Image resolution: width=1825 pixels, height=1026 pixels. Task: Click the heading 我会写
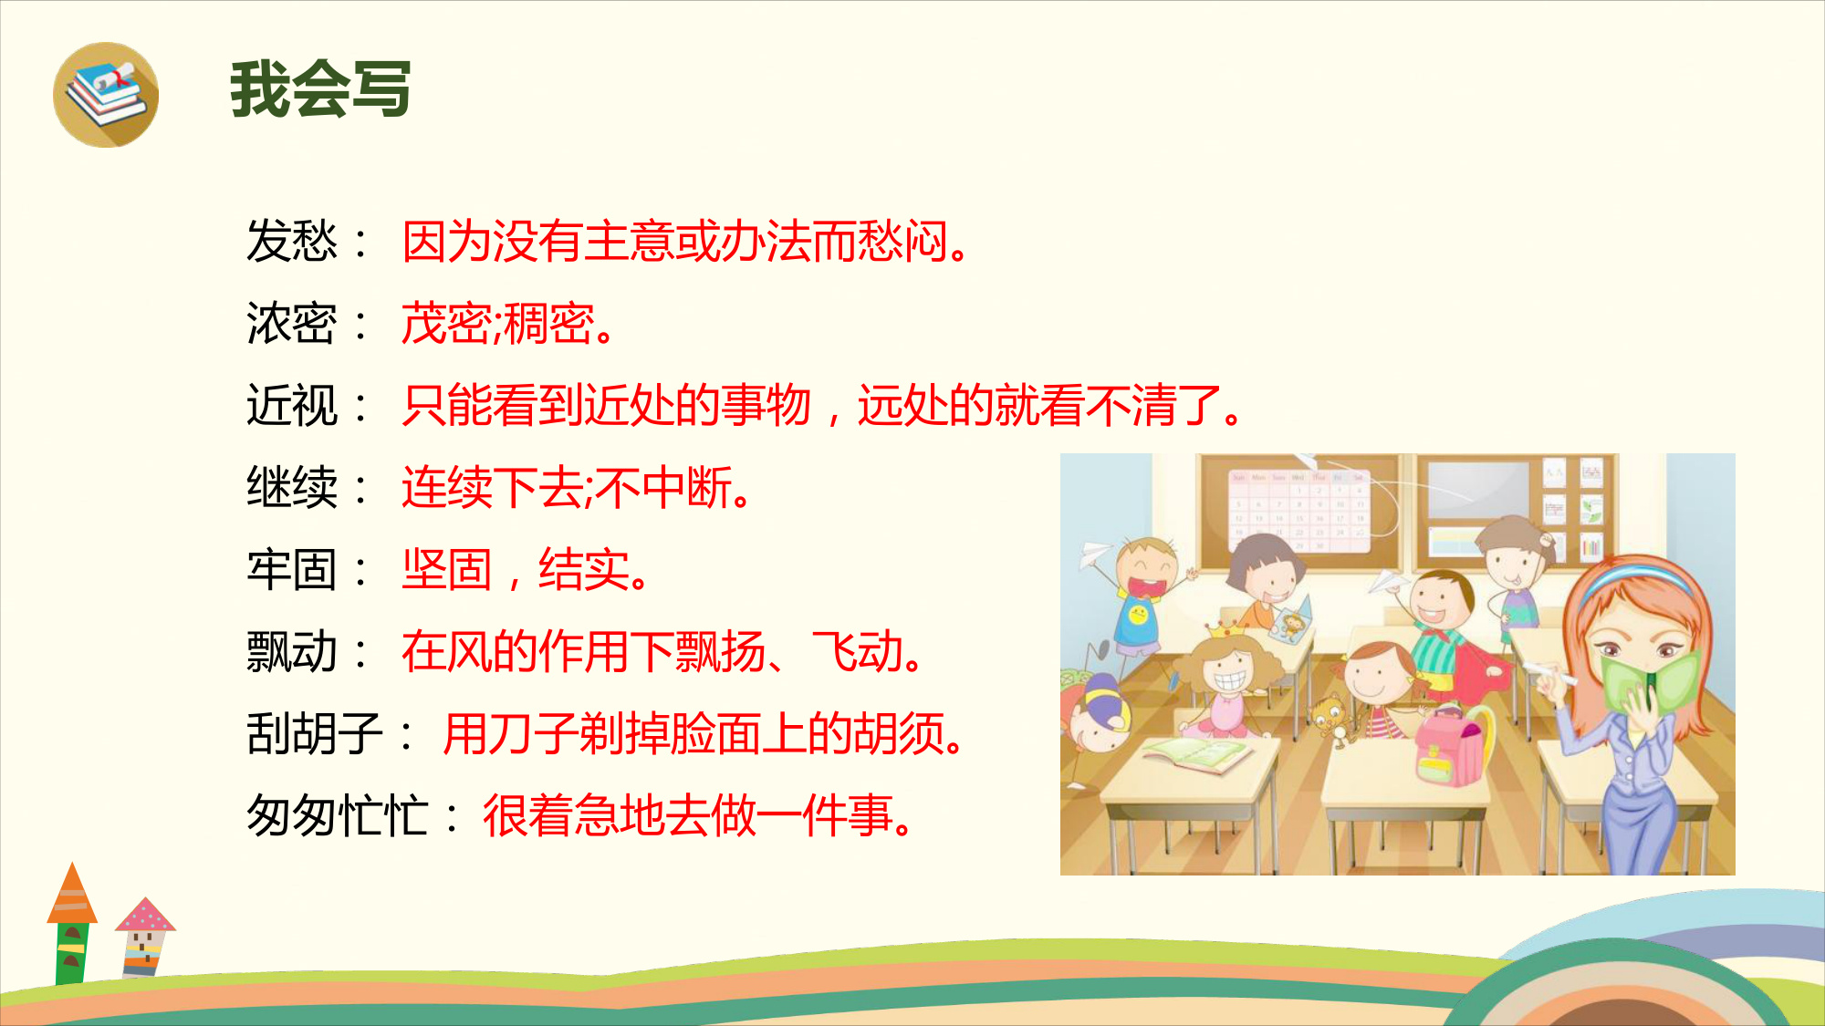click(320, 89)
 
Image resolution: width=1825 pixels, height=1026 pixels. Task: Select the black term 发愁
click(292, 242)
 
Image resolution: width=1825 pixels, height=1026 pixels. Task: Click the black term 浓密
click(292, 324)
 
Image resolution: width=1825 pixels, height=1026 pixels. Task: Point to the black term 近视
click(292, 406)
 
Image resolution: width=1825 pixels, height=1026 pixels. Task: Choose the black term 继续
click(292, 488)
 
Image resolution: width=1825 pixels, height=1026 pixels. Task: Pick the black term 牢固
click(292, 570)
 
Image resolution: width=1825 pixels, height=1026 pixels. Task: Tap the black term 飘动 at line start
click(292, 652)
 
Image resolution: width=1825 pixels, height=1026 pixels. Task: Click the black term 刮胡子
click(315, 734)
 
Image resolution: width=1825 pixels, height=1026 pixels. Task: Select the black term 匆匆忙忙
click(338, 815)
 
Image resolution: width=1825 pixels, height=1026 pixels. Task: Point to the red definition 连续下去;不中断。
click(578, 488)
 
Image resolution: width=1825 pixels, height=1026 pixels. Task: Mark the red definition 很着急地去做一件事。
click(699, 815)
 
